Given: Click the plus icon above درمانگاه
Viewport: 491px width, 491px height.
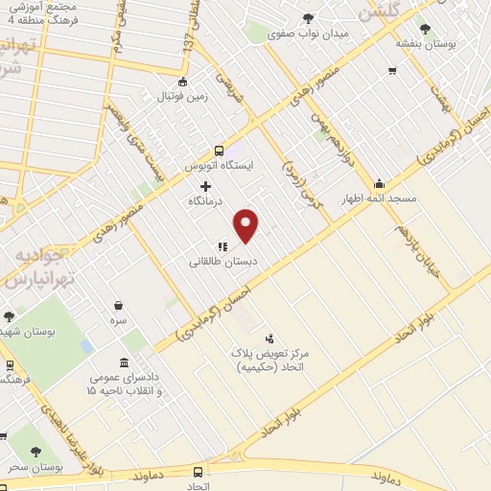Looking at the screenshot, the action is click(x=205, y=185).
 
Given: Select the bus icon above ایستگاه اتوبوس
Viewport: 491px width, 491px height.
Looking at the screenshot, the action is click(x=220, y=150).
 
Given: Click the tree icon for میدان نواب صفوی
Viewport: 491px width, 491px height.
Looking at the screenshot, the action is click(x=308, y=17).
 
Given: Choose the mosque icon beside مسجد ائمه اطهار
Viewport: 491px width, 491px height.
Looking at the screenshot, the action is click(x=380, y=184).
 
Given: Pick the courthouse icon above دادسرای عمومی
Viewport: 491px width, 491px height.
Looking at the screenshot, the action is click(x=126, y=362).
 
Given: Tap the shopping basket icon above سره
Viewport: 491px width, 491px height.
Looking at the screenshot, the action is click(x=118, y=305).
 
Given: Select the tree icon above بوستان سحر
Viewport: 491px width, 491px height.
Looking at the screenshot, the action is click(x=36, y=452).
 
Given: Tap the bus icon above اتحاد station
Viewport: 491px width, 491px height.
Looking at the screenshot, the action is click(x=199, y=472).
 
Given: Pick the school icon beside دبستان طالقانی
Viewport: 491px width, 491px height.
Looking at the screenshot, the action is click(x=222, y=246).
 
